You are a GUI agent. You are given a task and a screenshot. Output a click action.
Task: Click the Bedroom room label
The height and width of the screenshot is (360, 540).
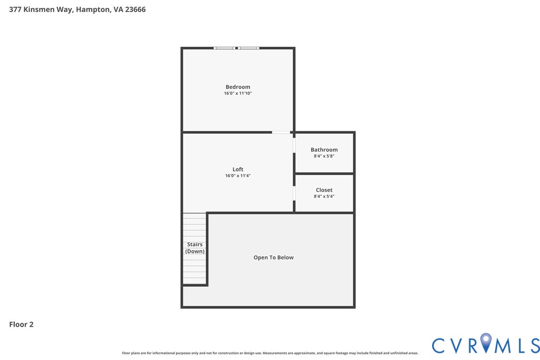click(238, 87)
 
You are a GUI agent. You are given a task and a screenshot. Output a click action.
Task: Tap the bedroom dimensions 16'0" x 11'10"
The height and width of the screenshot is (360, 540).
click(238, 93)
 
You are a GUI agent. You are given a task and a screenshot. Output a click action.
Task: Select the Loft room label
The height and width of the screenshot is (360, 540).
click(238, 170)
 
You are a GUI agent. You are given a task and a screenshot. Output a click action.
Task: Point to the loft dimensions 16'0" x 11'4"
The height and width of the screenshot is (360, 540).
click(238, 176)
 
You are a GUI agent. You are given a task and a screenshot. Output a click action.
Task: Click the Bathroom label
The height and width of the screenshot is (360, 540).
click(324, 150)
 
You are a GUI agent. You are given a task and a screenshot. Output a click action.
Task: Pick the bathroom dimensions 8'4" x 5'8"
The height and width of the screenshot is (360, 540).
click(324, 156)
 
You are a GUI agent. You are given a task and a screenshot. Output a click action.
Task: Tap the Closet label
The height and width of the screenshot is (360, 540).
click(324, 190)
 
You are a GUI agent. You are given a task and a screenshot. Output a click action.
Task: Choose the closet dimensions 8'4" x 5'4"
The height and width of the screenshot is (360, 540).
click(324, 196)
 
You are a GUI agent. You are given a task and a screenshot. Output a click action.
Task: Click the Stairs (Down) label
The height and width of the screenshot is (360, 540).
click(195, 248)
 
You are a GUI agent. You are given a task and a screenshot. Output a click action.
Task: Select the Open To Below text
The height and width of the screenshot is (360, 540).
click(273, 258)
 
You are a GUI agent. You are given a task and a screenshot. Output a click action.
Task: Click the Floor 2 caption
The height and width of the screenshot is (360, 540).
click(21, 325)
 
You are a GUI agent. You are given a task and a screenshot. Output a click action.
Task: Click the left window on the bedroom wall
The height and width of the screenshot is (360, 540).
click(224, 48)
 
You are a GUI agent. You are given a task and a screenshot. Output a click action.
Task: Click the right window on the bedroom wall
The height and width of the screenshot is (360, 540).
click(248, 48)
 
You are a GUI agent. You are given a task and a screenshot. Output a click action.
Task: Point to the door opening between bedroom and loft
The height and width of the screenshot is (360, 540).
click(281, 132)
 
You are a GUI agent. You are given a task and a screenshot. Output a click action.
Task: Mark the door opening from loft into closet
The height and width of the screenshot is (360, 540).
click(294, 193)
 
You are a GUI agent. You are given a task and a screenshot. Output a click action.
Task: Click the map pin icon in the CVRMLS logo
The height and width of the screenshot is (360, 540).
click(486, 343)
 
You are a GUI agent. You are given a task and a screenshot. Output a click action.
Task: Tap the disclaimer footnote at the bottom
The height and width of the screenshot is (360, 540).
click(270, 353)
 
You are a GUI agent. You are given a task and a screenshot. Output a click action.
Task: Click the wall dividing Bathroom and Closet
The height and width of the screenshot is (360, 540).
click(324, 174)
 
